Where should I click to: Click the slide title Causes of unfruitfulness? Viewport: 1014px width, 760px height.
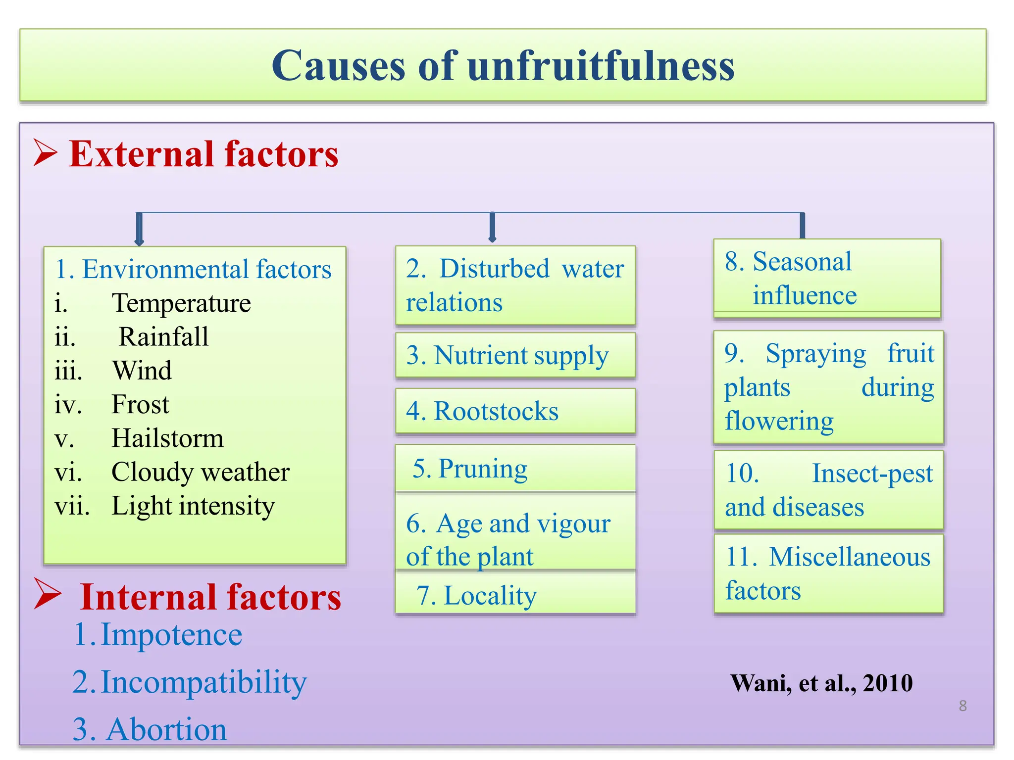(503, 66)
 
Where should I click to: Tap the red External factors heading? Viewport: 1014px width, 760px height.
(203, 154)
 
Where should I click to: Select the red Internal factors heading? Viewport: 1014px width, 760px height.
(210, 597)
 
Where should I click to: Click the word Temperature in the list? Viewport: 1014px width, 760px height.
(181, 303)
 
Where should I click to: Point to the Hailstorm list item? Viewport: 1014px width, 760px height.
(167, 438)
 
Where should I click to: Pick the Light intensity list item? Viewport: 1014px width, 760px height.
(193, 506)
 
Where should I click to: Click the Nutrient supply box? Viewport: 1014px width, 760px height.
(515, 355)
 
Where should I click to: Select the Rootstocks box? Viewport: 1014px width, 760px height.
(515, 411)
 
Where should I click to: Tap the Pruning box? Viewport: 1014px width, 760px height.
(515, 468)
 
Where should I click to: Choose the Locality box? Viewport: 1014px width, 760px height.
(515, 595)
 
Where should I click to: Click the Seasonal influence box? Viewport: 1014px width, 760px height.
(826, 279)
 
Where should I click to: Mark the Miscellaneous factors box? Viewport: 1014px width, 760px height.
(828, 573)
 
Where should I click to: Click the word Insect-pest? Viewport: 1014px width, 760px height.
(872, 473)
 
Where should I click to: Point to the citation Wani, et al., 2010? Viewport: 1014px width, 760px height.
(821, 683)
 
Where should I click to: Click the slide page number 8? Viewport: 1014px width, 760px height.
(963, 706)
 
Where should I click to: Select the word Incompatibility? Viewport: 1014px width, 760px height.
(203, 682)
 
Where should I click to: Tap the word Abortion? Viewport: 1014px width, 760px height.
(166, 729)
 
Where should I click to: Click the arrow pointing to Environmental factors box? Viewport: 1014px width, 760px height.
(139, 229)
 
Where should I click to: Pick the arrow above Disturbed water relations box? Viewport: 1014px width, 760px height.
(492, 227)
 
